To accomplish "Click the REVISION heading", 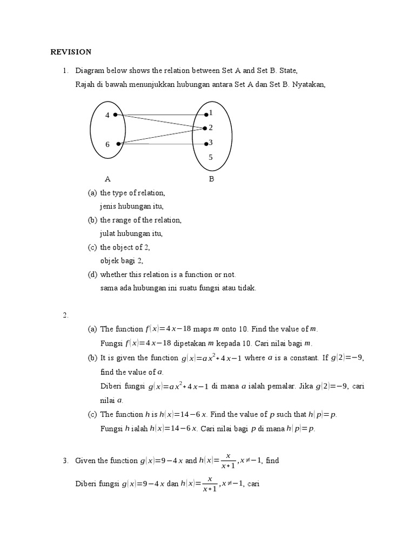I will [x=71, y=52].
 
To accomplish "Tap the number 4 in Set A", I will [x=107, y=115].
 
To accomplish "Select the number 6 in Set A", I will [x=107, y=144].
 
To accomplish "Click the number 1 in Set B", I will [x=211, y=113].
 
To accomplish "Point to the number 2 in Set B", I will [x=211, y=127].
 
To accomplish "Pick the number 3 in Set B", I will [x=211, y=143].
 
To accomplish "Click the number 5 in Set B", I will [x=211, y=158].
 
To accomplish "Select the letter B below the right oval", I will [x=211, y=179].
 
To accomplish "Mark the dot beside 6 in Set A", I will [x=118, y=143].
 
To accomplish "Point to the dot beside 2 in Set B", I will [x=205, y=129].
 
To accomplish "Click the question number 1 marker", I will [x=65, y=71].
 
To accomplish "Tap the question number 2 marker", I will [x=65, y=315].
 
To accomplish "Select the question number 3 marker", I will [x=65, y=461].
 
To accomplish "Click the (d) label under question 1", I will [x=92, y=275].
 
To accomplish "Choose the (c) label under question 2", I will [x=92, y=415].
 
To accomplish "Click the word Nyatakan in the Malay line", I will [x=309, y=84].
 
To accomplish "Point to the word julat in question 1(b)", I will [x=108, y=234].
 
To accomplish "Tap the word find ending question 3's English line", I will [x=272, y=461].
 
